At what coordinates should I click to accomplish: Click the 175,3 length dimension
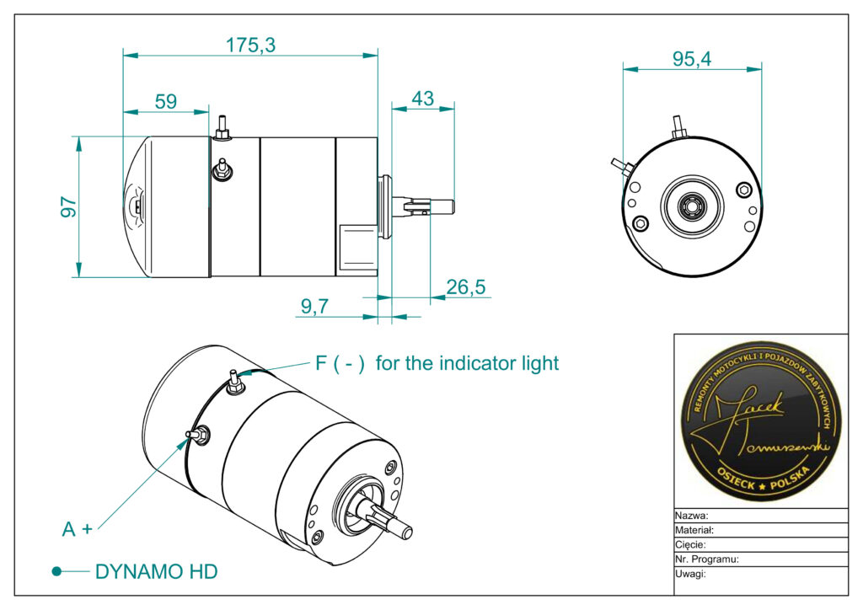point(250,45)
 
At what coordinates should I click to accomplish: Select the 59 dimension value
point(166,101)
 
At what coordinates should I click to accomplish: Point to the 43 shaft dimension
point(422,98)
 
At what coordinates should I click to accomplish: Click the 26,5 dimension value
point(466,287)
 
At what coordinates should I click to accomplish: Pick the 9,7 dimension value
point(314,307)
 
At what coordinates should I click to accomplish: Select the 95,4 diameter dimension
point(692,59)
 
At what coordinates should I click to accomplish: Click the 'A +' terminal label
point(77,529)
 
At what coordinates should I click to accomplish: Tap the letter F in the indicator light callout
point(321,363)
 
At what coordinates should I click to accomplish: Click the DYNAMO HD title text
point(156,571)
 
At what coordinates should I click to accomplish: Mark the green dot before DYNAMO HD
point(56,571)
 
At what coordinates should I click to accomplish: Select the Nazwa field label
point(691,516)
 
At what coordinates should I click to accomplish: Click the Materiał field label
point(694,531)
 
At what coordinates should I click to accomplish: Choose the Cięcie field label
point(691,545)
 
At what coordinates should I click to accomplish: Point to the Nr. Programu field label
point(707,559)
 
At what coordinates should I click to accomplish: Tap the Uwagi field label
point(690,574)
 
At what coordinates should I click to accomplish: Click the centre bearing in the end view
point(692,204)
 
